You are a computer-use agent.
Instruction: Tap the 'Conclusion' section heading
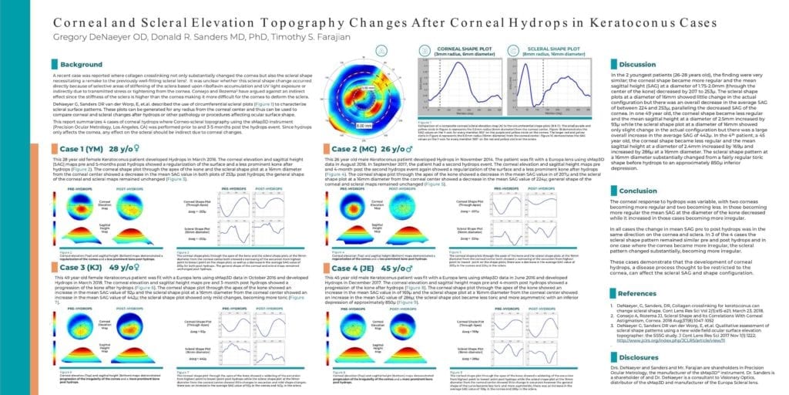[638, 191]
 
